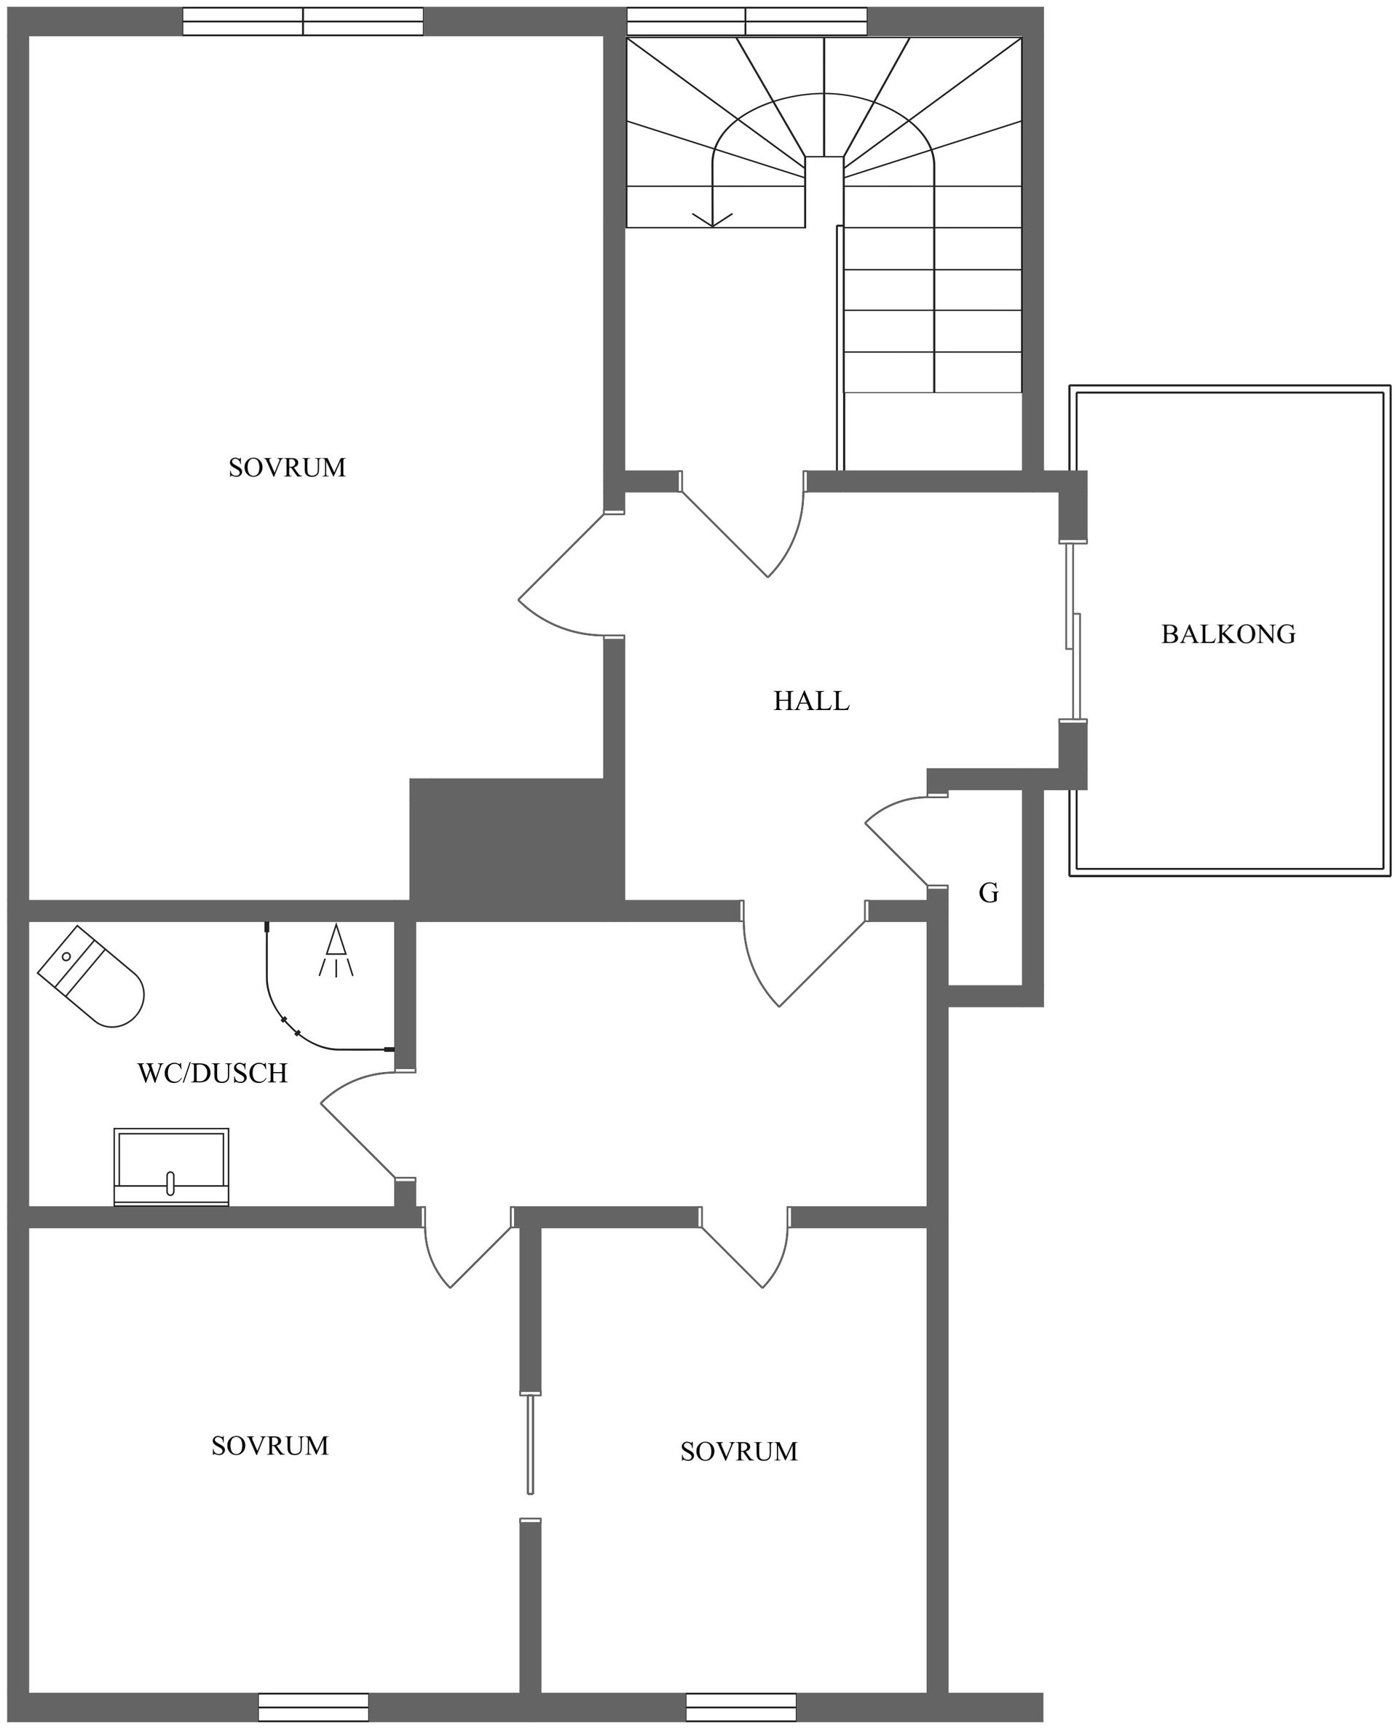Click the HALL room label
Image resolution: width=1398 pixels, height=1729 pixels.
click(811, 701)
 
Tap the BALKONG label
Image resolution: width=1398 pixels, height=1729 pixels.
click(1228, 634)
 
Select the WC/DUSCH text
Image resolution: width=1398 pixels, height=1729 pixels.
click(213, 1074)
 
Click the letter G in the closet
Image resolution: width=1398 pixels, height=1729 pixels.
click(988, 893)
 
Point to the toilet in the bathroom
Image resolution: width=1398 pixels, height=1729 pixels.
click(92, 977)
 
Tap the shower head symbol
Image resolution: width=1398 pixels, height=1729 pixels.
click(336, 950)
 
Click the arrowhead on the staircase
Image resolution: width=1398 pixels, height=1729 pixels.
click(713, 219)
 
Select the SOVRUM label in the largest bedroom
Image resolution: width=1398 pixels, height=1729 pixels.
click(287, 468)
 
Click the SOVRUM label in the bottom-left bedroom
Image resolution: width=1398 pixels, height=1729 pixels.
click(270, 1446)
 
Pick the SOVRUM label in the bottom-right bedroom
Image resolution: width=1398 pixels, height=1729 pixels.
click(738, 1452)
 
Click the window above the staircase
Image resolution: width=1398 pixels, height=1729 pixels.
click(746, 22)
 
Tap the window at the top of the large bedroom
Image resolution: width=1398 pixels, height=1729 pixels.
click(303, 22)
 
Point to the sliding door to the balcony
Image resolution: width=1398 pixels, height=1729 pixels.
click(1073, 632)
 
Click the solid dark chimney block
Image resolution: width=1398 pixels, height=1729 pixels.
click(516, 848)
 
